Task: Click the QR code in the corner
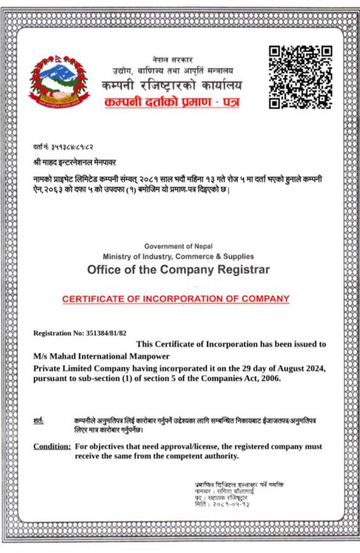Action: tap(300, 77)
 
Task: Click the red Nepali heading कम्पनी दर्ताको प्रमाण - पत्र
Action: tap(172, 103)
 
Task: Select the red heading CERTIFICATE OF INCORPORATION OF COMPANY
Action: tap(175, 299)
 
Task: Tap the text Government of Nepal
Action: tap(178, 246)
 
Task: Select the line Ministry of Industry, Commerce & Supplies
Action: tap(178, 257)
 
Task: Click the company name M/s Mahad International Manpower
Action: tap(102, 356)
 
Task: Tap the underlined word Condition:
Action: tap(52, 446)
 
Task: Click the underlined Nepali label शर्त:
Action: tap(38, 420)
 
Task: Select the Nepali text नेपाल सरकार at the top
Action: tap(172, 60)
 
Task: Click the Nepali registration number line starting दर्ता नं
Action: tap(64, 147)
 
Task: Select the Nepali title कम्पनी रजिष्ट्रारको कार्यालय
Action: tap(172, 85)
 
